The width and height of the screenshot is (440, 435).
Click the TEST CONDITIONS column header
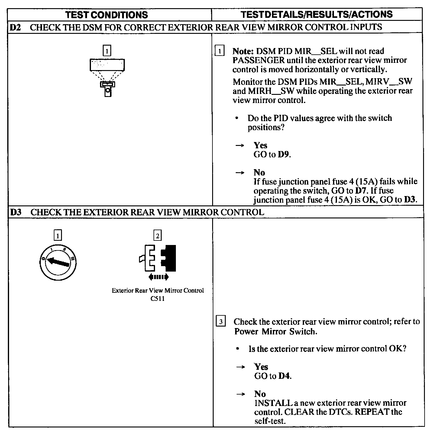pyautogui.click(x=107, y=15)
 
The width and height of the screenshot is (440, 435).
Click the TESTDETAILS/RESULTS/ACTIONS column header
pyautogui.click(x=317, y=14)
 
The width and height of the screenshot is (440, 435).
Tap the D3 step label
pyautogui.click(x=15, y=212)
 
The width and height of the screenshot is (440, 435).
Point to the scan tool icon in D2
pyautogui.click(x=107, y=77)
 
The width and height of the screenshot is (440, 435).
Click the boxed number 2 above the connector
pyautogui.click(x=157, y=235)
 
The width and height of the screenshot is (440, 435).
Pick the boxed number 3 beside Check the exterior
pyautogui.click(x=221, y=322)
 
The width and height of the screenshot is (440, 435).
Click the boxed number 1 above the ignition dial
pyautogui.click(x=57, y=235)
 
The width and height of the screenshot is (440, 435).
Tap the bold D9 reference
pyautogui.click(x=284, y=155)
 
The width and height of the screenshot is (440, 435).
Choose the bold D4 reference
pyautogui.click(x=284, y=376)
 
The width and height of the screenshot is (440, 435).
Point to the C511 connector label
pyautogui.click(x=157, y=299)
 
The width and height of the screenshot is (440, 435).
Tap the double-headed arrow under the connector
pyautogui.click(x=158, y=277)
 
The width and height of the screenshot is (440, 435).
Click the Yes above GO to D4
pyautogui.click(x=261, y=367)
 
